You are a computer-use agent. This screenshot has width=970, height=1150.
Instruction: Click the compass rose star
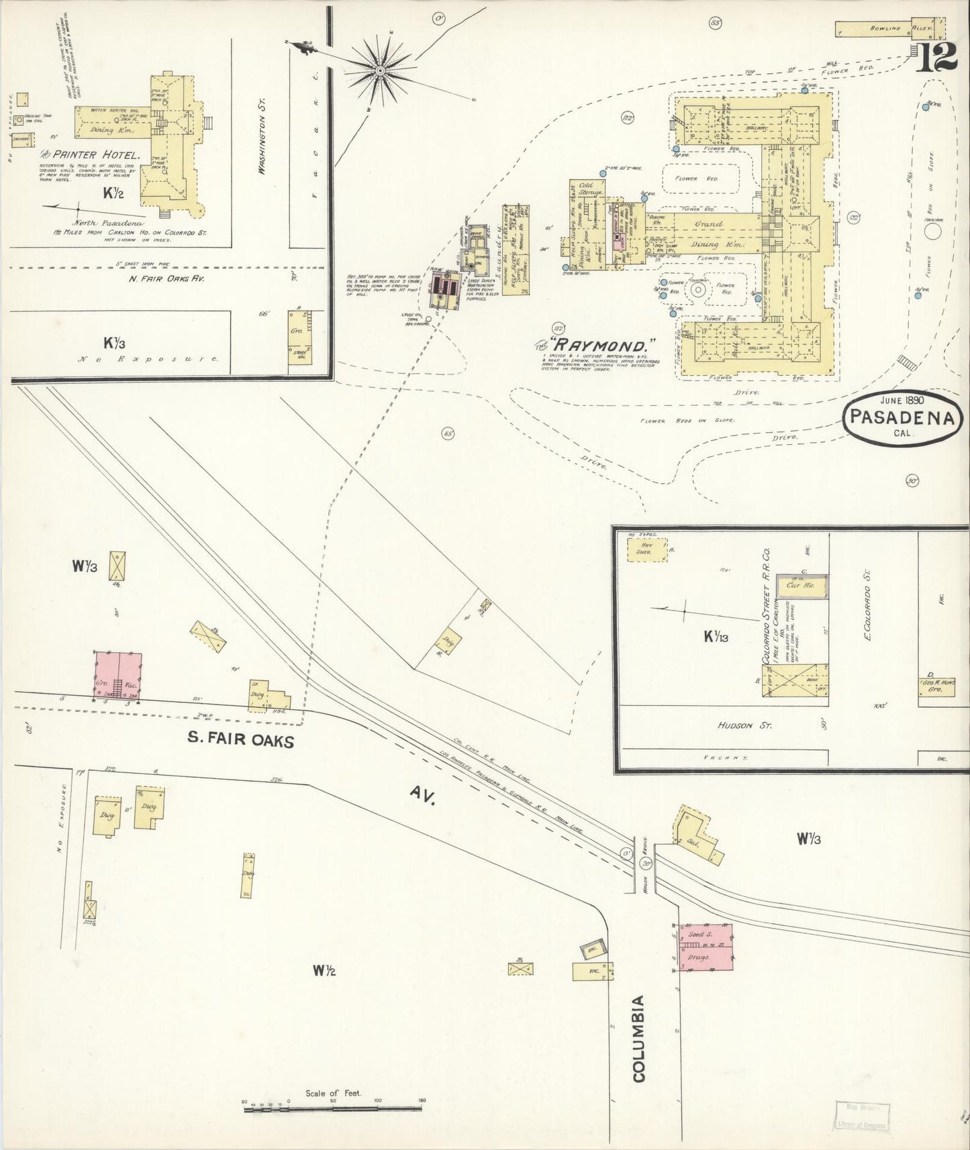(x=380, y=68)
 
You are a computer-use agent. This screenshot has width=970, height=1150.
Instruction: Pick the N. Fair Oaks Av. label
(x=165, y=278)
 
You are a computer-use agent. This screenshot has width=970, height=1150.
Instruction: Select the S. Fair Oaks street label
(x=240, y=739)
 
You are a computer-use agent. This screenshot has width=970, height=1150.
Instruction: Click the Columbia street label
(x=638, y=1039)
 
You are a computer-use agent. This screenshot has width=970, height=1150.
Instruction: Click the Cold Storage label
(x=587, y=189)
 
